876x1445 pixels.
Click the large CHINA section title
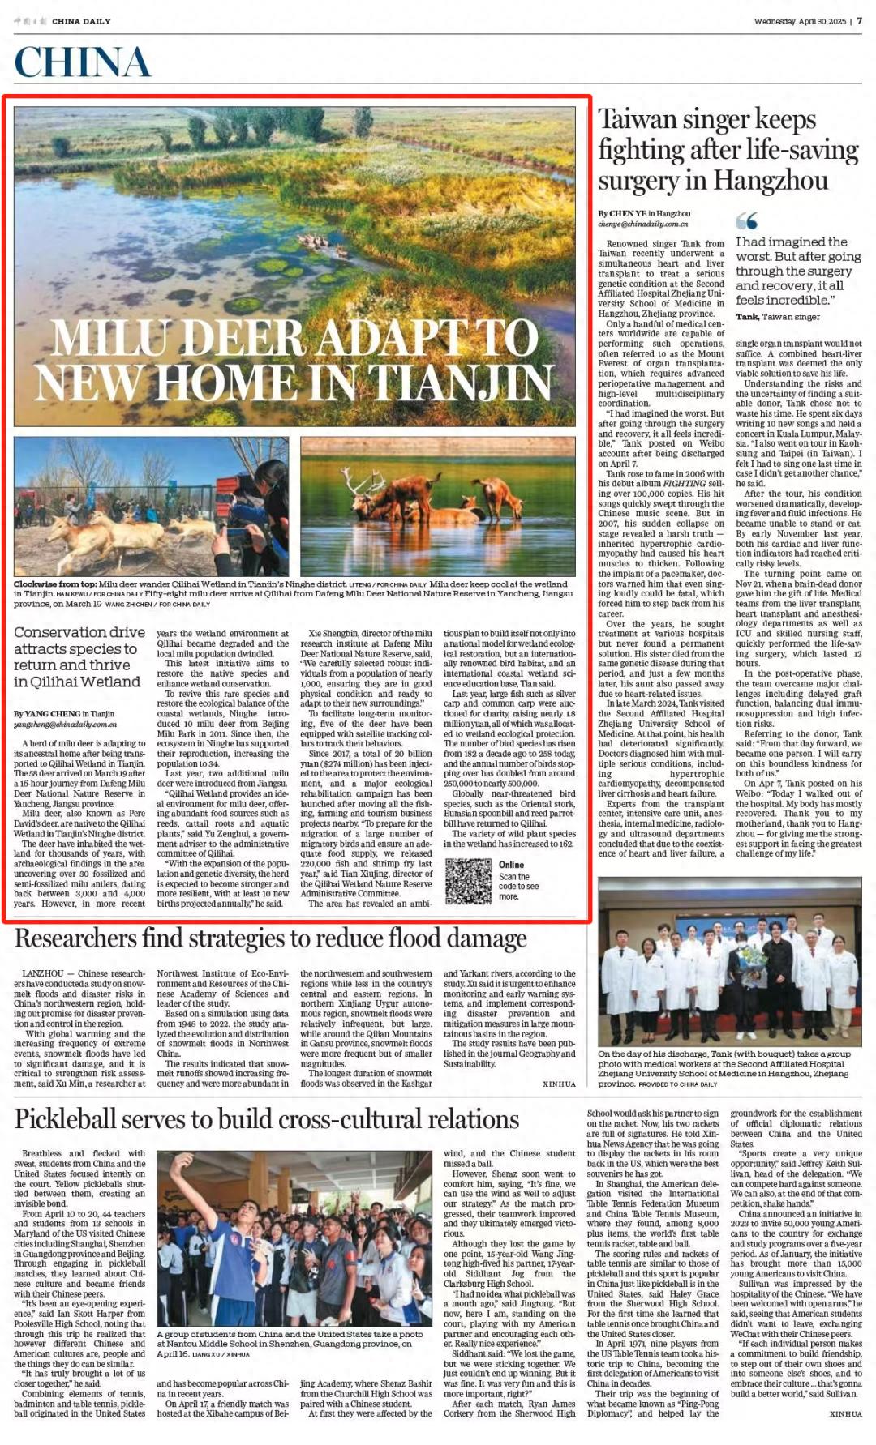coord(82,63)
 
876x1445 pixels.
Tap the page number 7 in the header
coord(860,21)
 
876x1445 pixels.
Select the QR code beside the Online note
coord(468,881)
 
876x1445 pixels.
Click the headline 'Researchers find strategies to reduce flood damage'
coord(270,938)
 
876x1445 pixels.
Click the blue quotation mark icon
coord(746,220)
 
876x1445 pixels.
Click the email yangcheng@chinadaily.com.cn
coord(65,724)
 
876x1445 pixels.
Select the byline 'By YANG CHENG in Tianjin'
coord(64,713)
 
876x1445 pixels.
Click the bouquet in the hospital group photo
coord(754,961)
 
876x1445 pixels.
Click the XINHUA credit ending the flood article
coord(559,1084)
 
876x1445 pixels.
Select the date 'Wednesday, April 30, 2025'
coord(799,21)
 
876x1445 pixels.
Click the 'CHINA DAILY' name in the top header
coord(81,21)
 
